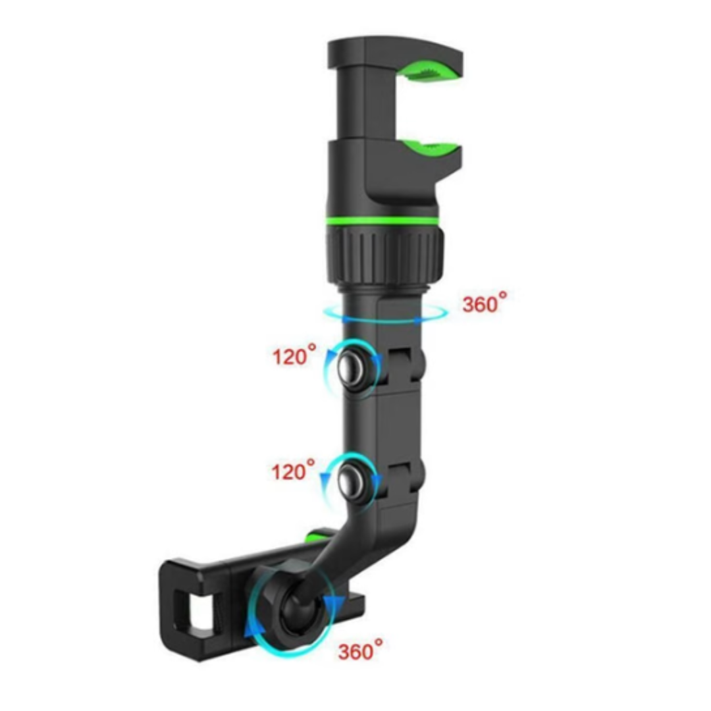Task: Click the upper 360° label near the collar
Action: pos(485,303)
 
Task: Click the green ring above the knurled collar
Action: pos(382,220)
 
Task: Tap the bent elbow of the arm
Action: pos(369,527)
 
